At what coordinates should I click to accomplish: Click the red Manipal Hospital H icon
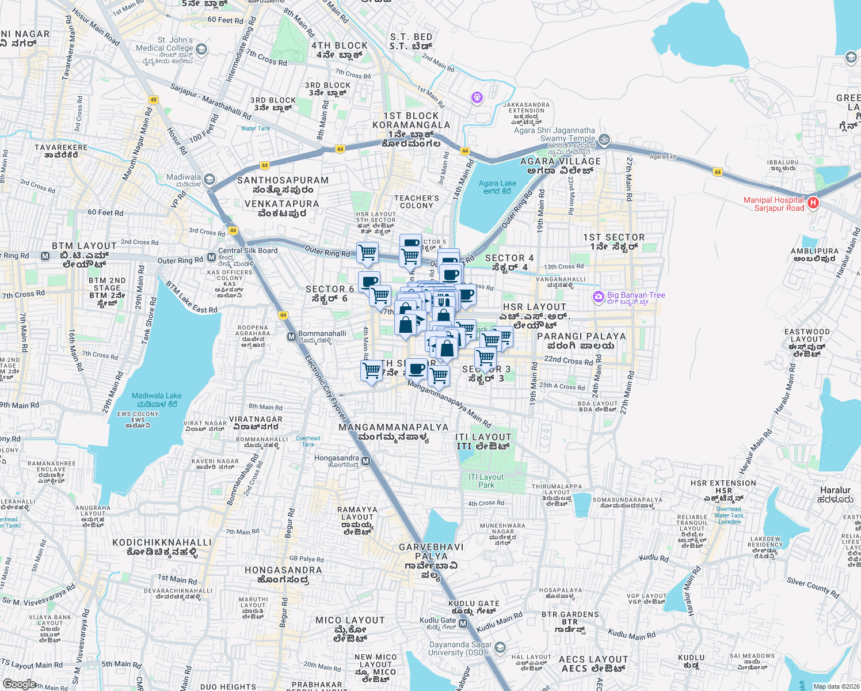813,203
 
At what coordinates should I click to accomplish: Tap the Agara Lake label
497,187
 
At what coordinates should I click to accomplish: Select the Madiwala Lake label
157,400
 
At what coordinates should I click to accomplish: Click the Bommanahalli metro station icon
291,337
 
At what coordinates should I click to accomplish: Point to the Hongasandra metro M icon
366,461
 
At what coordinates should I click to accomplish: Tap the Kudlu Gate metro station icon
463,624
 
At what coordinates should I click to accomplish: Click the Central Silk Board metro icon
211,257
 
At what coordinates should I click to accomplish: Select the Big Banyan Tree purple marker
599,297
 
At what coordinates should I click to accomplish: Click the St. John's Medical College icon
201,50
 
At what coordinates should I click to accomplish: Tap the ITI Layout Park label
486,481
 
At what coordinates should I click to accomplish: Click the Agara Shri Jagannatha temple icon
604,139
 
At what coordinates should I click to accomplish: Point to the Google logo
20,684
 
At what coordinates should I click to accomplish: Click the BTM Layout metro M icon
45,256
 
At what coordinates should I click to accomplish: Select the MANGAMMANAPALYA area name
394,427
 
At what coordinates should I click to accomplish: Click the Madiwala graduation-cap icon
209,180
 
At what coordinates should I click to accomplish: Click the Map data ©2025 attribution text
836,686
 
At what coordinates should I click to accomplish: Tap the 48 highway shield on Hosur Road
153,100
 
